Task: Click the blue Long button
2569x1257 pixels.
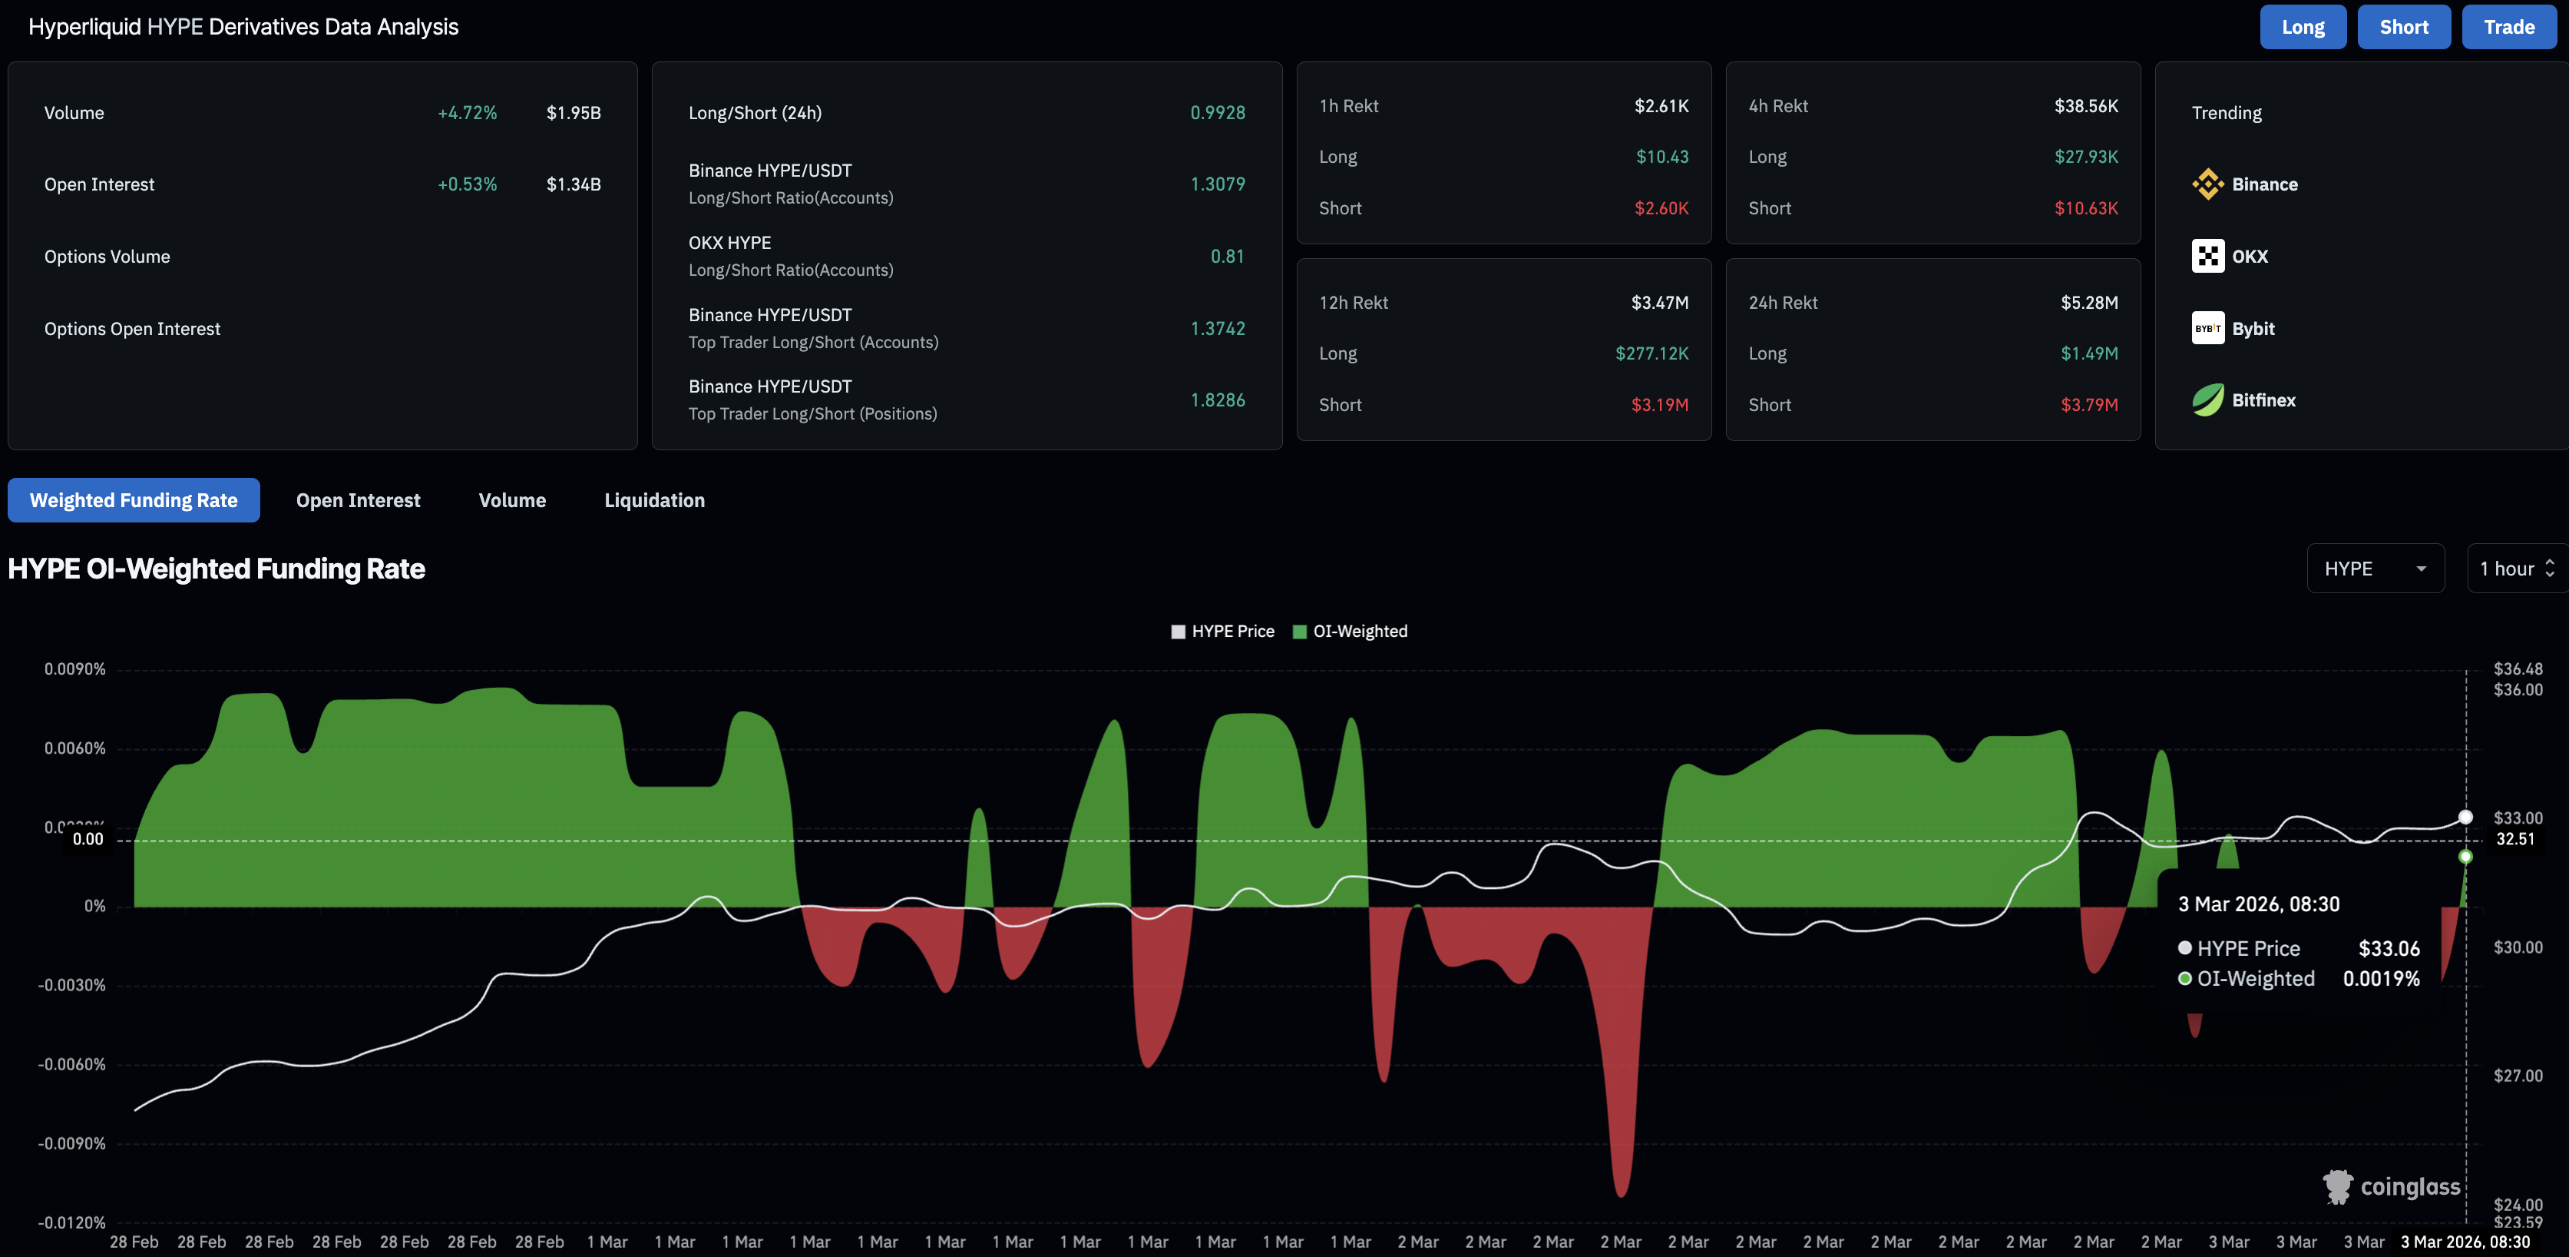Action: click(2302, 27)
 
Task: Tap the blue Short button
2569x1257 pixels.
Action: click(2402, 27)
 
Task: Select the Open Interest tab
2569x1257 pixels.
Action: click(358, 500)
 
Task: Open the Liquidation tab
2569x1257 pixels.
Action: click(654, 500)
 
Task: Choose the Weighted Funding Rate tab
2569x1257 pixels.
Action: click(134, 500)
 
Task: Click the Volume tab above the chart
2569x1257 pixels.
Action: click(511, 500)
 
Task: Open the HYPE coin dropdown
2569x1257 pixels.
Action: click(2375, 569)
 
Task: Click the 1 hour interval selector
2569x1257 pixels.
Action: click(2516, 569)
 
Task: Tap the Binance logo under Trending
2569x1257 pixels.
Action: click(2207, 184)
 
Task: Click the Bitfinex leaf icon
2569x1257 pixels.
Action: click(2207, 400)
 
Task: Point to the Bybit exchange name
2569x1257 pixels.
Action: click(2253, 328)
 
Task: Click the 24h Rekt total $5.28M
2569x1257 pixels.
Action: click(2088, 302)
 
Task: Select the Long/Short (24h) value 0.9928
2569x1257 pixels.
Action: click(1217, 113)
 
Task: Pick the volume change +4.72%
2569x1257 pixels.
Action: click(467, 113)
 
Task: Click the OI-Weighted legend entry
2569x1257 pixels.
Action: click(1351, 632)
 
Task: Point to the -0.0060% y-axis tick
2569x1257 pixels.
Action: click(72, 1064)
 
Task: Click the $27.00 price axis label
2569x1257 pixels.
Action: click(2517, 1076)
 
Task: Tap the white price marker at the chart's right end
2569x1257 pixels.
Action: click(2465, 817)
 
